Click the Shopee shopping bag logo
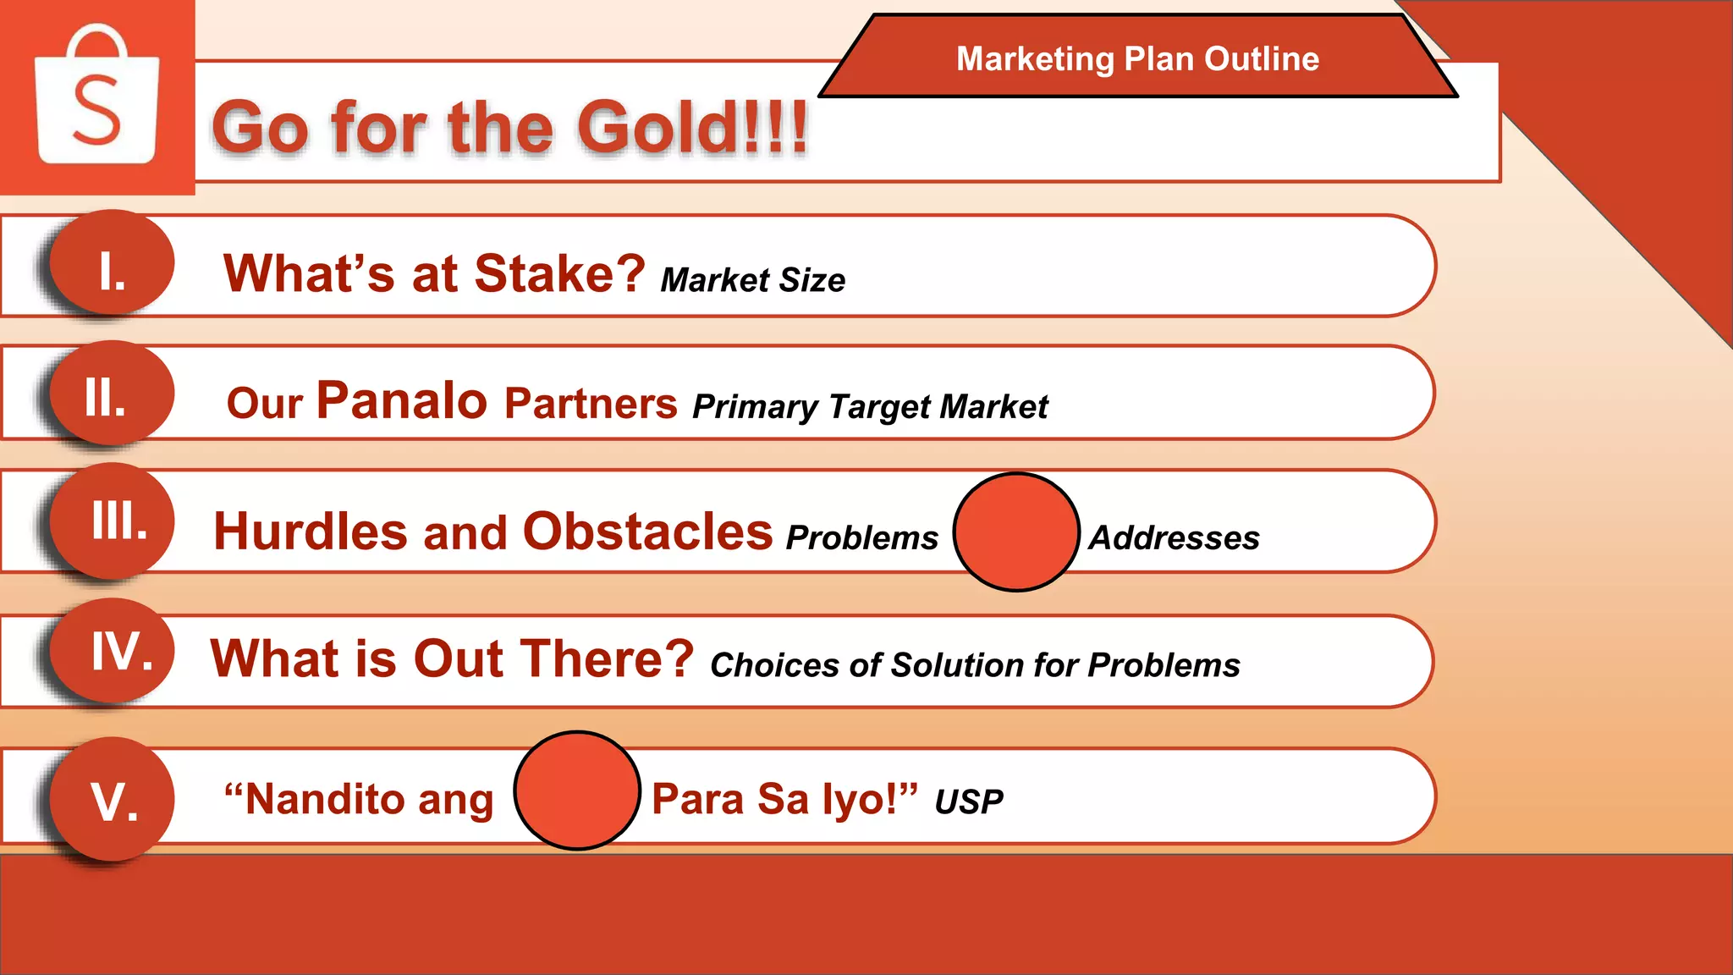(96, 95)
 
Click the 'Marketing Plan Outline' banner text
(1137, 58)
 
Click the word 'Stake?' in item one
(559, 274)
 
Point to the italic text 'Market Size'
(752, 280)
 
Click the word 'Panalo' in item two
(402, 400)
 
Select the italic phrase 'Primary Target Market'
(870, 407)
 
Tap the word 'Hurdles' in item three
(311, 532)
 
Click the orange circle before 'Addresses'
(1016, 532)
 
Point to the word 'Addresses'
(1174, 538)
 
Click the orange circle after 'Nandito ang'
(577, 790)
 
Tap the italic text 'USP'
(969, 801)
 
